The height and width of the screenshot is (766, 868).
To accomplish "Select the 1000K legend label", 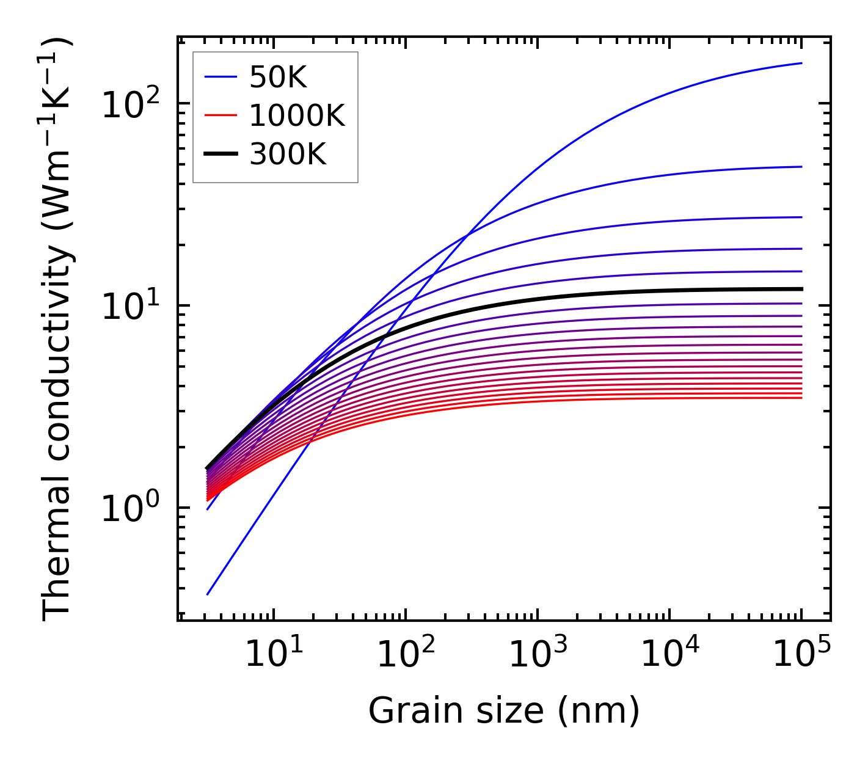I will pyautogui.click(x=297, y=115).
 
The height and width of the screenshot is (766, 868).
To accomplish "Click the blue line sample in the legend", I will pyautogui.click(x=221, y=77).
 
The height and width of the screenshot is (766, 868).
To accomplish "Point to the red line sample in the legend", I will pyautogui.click(x=221, y=115).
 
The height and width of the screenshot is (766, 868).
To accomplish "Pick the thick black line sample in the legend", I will pyautogui.click(x=221, y=155).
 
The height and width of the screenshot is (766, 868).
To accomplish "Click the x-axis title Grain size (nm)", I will pyautogui.click(x=504, y=711).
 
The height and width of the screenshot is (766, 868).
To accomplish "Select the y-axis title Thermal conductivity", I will pyautogui.click(x=58, y=329).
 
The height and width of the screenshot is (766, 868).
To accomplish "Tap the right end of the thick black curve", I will pyautogui.click(x=801, y=289).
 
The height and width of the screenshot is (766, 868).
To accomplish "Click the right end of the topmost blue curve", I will pyautogui.click(x=801, y=63).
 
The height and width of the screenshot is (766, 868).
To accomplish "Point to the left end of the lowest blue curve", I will pyautogui.click(x=208, y=594).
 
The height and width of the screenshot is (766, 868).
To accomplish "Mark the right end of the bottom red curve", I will pyautogui.click(x=801, y=398).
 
